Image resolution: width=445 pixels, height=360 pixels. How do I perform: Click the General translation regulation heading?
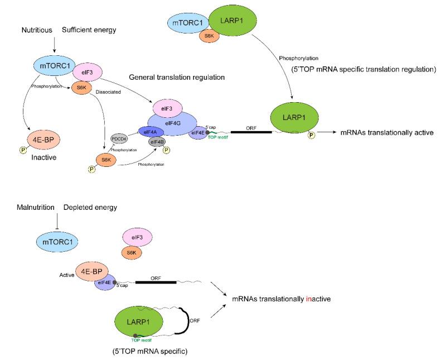point(176,76)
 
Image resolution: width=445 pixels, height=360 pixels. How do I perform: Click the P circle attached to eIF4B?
point(167,150)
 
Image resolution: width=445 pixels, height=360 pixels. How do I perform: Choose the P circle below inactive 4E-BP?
point(23,149)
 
